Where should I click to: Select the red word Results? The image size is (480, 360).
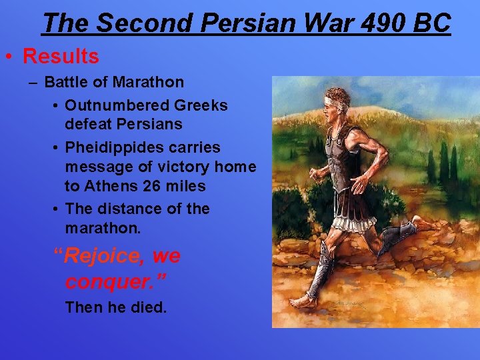pyautogui.click(x=61, y=57)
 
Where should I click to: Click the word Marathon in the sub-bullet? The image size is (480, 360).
pyautogui.click(x=148, y=83)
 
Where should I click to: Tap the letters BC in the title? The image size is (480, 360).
pyautogui.click(x=433, y=23)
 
